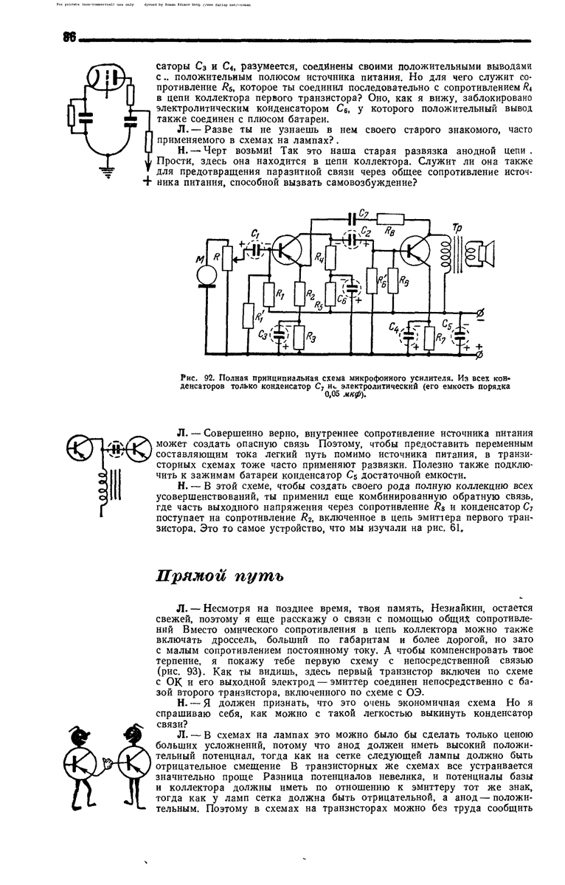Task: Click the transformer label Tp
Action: [458, 226]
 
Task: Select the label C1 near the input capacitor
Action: [255, 235]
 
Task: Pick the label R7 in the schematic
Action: [440, 339]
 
